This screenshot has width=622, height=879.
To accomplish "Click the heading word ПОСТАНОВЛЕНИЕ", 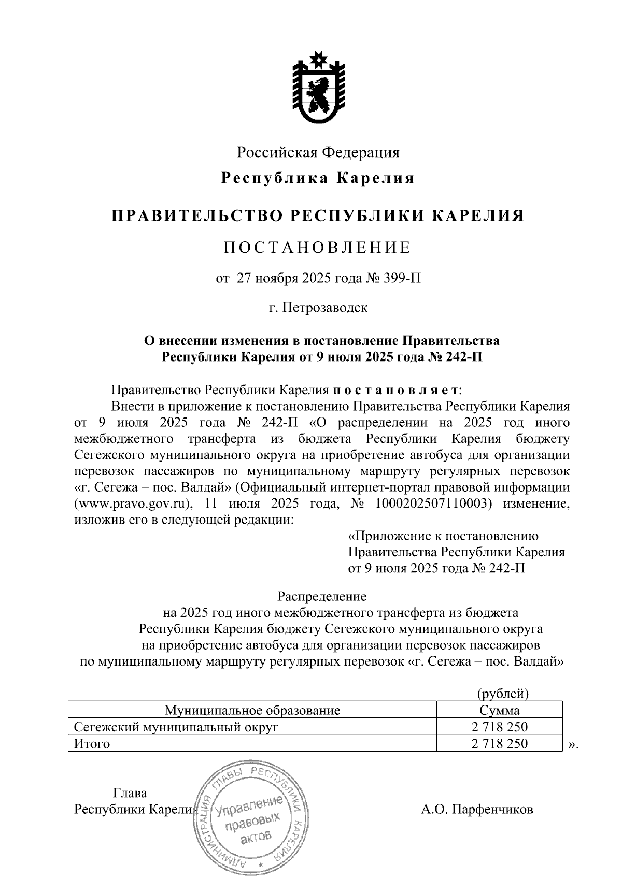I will (x=317, y=248).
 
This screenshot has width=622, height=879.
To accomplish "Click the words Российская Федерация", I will (x=318, y=152).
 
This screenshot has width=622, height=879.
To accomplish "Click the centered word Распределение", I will (x=322, y=596).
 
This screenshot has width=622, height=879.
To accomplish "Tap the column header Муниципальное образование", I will (x=252, y=710).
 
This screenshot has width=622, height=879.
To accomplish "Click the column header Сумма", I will (x=500, y=710).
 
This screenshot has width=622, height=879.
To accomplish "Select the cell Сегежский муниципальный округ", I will (x=177, y=727).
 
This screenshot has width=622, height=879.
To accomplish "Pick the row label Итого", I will (x=92, y=744).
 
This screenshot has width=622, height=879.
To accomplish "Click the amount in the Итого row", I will (x=500, y=744).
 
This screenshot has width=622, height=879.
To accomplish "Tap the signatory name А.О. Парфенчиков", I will (x=477, y=810).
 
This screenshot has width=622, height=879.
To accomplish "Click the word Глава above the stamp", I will (x=130, y=793).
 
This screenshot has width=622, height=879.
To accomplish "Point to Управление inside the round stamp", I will (x=249, y=806).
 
